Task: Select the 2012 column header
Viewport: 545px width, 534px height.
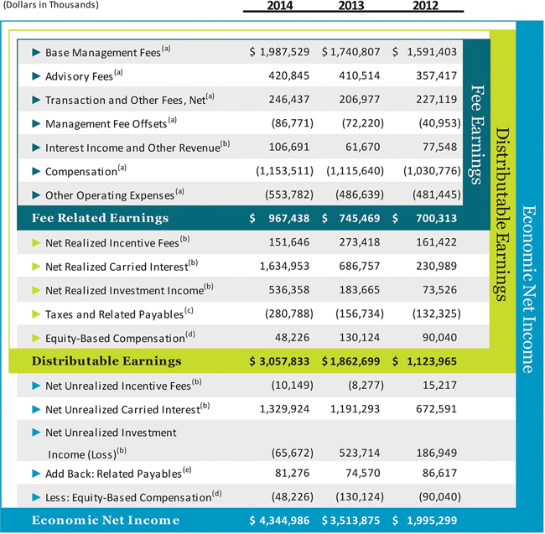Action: [x=426, y=8]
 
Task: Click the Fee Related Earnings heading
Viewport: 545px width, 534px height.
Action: [x=100, y=218]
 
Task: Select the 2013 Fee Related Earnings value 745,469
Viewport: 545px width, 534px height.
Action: [x=352, y=218]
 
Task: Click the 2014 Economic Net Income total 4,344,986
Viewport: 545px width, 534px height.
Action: [x=280, y=521]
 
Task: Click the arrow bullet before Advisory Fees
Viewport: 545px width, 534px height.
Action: [x=36, y=76]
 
